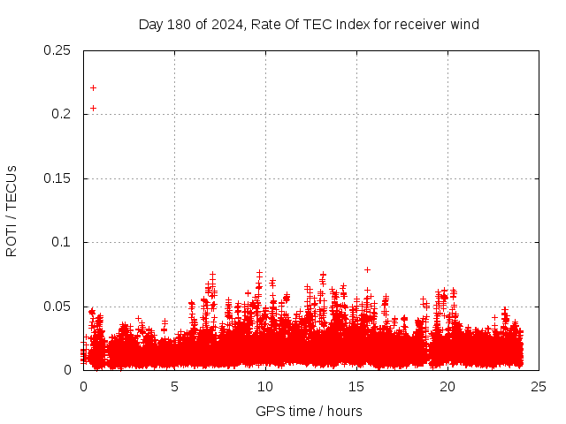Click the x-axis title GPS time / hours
309,411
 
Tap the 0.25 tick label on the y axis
57,50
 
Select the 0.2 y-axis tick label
61,114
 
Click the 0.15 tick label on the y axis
57,178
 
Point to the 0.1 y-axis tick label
61,242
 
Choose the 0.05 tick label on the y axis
57,307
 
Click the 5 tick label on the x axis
174,387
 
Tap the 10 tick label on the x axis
265,387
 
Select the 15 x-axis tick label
356,387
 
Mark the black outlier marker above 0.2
93,87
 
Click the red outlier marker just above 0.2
93,108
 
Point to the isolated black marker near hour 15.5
367,269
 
